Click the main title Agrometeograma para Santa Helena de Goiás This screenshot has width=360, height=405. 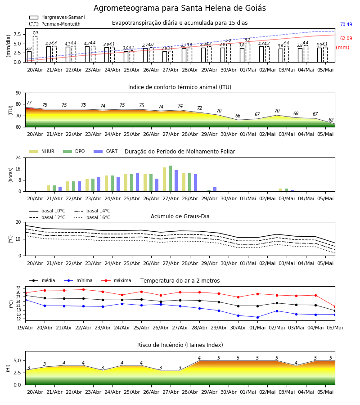[180, 8]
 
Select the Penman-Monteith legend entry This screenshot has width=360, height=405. [55, 24]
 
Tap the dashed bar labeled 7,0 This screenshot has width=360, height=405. [35, 49]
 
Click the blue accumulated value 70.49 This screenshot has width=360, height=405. [346, 25]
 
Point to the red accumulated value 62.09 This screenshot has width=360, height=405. [346, 39]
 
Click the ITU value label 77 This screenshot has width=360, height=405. [29, 103]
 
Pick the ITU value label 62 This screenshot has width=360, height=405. [331, 120]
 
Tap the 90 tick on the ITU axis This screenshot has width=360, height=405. [18, 93]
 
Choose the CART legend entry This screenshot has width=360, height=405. [106, 151]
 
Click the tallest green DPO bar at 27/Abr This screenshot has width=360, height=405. [171, 179]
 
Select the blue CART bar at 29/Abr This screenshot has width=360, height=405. [215, 189]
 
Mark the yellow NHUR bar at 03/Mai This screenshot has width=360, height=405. [280, 190]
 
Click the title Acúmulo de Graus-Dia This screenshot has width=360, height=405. [180, 216]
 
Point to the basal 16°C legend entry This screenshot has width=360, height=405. [92, 218]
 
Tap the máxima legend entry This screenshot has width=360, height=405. [117, 281]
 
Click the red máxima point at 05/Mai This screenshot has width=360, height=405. [335, 306]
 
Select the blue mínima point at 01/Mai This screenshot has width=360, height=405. [257, 317]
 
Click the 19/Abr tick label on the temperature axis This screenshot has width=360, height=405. [25, 328]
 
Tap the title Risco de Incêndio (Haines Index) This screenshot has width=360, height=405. [180, 345]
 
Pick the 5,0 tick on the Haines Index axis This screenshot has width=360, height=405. [17, 360]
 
